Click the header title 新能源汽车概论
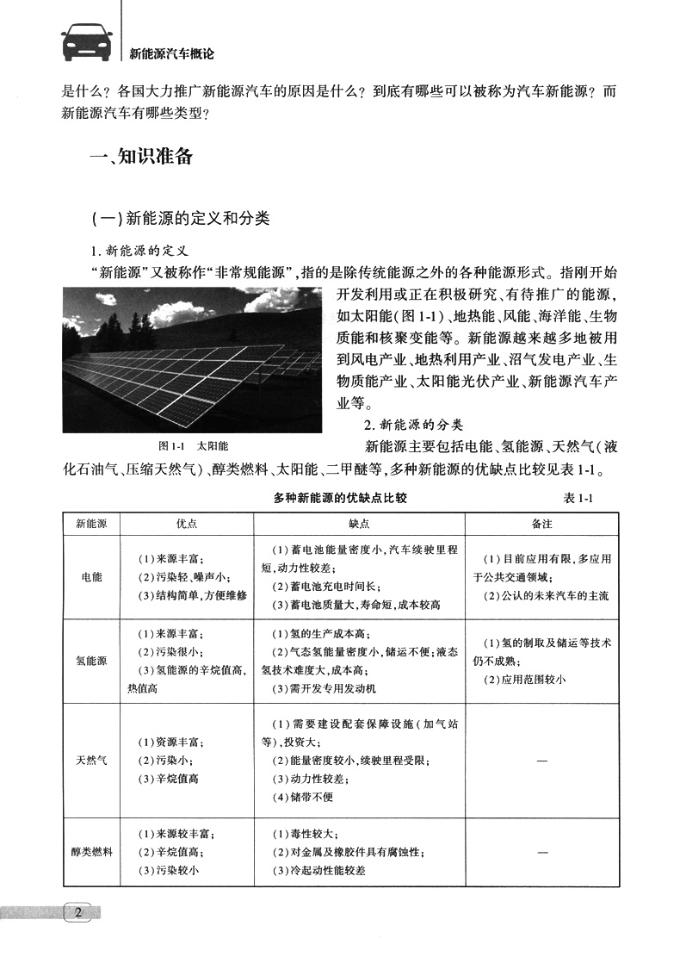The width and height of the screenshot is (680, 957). coord(170,53)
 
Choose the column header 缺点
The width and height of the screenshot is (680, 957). coord(359,523)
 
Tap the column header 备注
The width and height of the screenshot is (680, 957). coord(542,523)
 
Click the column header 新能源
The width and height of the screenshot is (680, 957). coord(91,523)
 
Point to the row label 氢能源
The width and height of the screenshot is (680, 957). coord(91,661)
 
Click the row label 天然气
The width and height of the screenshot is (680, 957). coord(91,761)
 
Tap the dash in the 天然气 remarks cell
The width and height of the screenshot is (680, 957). coord(542,761)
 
